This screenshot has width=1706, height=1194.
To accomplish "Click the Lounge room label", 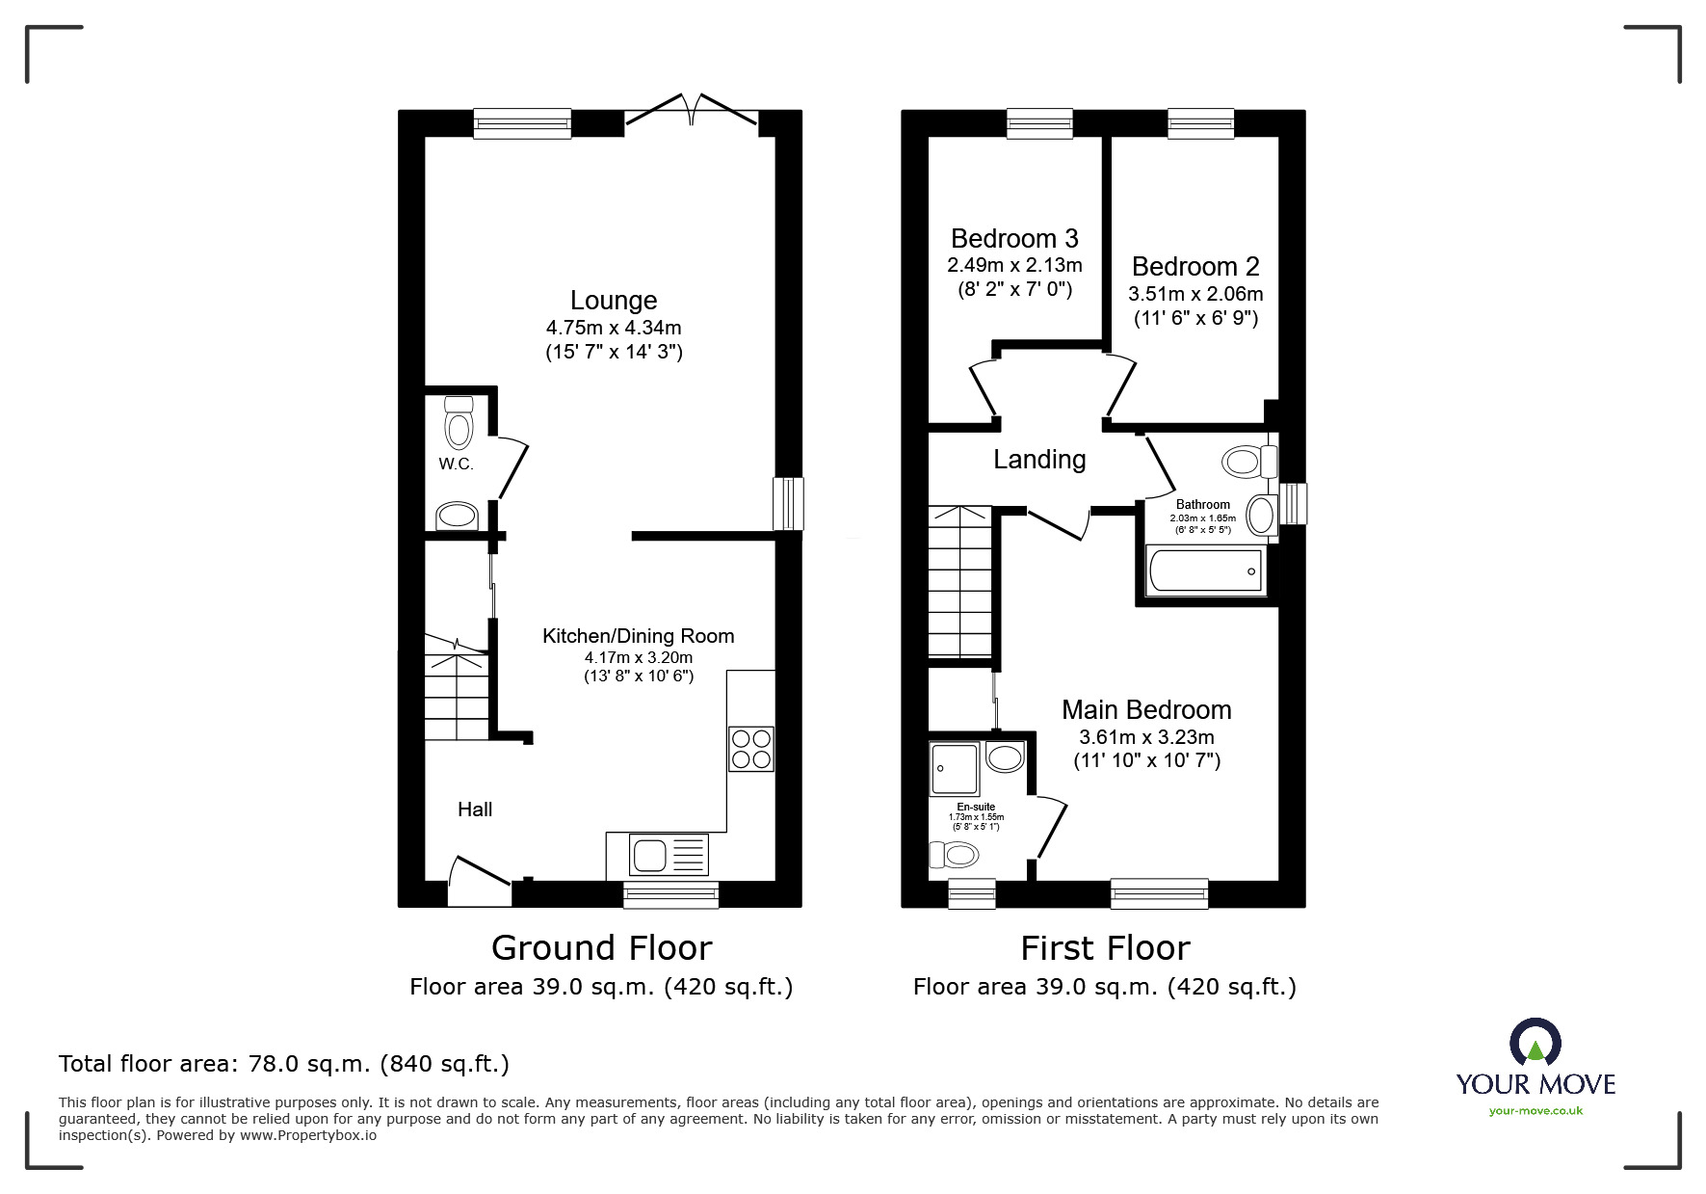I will point(614,301).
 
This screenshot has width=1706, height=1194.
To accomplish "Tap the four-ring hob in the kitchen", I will point(751,749).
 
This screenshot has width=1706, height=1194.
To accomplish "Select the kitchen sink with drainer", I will point(669,854).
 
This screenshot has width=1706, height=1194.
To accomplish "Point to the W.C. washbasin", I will point(458,516).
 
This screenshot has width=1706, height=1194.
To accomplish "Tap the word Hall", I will point(475,809).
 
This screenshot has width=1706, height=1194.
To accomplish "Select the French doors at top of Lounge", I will point(691,109).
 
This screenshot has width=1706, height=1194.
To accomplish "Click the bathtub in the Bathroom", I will point(1204,571).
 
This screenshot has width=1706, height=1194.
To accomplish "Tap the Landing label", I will point(1039,460).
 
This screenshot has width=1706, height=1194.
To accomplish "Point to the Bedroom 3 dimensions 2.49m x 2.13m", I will point(1014,265).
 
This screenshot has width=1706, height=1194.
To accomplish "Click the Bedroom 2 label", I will point(1194,267).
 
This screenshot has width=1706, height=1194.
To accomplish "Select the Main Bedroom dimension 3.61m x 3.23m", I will point(1146,737).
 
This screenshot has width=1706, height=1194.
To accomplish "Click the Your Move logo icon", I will point(1535,1044).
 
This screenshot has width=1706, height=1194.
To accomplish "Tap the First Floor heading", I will point(1105,948).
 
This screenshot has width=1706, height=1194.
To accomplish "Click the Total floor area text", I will point(284,1064).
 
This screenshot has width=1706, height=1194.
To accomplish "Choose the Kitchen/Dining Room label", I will point(638,636).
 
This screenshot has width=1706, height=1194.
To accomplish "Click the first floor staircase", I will point(960,583).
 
